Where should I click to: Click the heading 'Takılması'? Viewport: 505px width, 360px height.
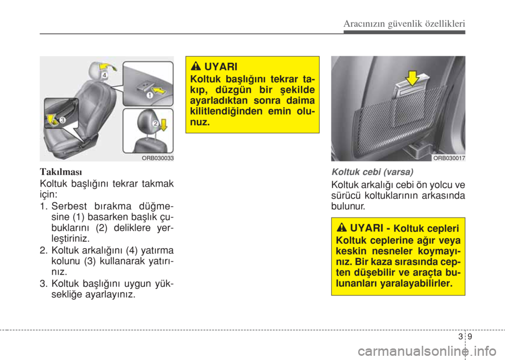tap(61, 171)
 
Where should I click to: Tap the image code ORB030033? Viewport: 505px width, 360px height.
tap(158, 158)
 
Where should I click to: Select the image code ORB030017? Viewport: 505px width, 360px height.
tap(449, 158)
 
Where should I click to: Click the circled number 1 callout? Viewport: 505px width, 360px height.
tap(150, 95)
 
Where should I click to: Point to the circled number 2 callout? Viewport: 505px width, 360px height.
tap(155, 123)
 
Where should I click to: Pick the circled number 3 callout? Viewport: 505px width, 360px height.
tap(62, 120)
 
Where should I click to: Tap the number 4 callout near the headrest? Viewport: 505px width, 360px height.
tap(105, 75)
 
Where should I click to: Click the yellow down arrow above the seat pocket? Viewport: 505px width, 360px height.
tap(412, 78)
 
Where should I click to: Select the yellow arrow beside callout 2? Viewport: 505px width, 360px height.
tap(164, 125)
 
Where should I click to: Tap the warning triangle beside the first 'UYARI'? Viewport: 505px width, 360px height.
tap(196, 67)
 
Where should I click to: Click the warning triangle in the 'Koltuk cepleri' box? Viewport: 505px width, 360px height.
tap(341, 228)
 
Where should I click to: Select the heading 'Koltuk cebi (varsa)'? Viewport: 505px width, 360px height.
tap(372, 172)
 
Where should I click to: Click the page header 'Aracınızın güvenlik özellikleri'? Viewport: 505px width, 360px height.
tap(404, 24)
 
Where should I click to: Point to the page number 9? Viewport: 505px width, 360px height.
tap(470, 336)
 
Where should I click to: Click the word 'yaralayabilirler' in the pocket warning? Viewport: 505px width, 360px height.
tap(416, 283)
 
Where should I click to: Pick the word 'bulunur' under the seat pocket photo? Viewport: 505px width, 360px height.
tap(348, 206)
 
